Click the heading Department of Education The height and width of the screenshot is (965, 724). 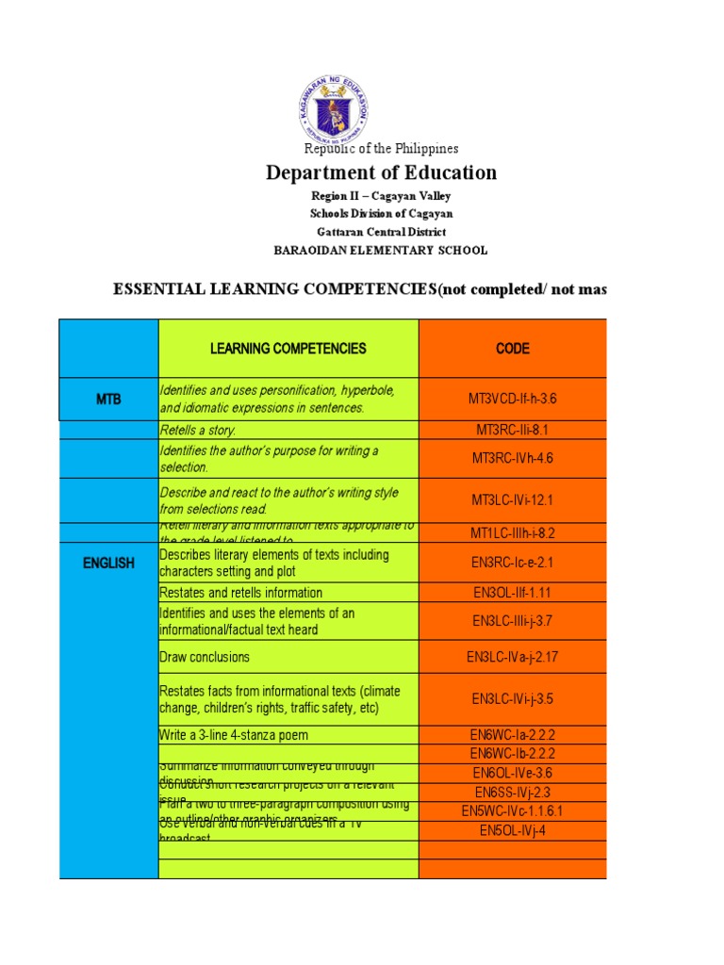pyautogui.click(x=381, y=172)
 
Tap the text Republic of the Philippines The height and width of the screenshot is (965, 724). pyautogui.click(x=381, y=148)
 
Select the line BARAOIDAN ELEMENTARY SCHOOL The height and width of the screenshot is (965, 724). pyautogui.click(x=381, y=250)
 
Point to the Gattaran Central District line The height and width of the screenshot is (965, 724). pyautogui.click(x=381, y=232)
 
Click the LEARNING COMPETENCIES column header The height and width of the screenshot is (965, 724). pyautogui.click(x=288, y=349)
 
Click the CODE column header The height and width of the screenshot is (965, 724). pyautogui.click(x=513, y=349)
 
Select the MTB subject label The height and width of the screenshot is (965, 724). pyautogui.click(x=108, y=400)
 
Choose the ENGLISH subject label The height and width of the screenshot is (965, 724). pyautogui.click(x=108, y=564)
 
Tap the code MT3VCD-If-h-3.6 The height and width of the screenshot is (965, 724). pyautogui.click(x=513, y=400)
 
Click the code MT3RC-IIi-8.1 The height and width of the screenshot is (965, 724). pyautogui.click(x=513, y=431)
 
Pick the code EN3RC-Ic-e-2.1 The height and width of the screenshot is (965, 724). pyautogui.click(x=513, y=564)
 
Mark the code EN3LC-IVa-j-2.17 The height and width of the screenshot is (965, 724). pyautogui.click(x=513, y=657)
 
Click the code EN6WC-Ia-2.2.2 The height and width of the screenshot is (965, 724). pyautogui.click(x=513, y=735)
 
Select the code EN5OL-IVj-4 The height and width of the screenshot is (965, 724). pyautogui.click(x=513, y=830)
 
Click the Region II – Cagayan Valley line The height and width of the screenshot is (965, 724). pyautogui.click(x=381, y=196)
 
